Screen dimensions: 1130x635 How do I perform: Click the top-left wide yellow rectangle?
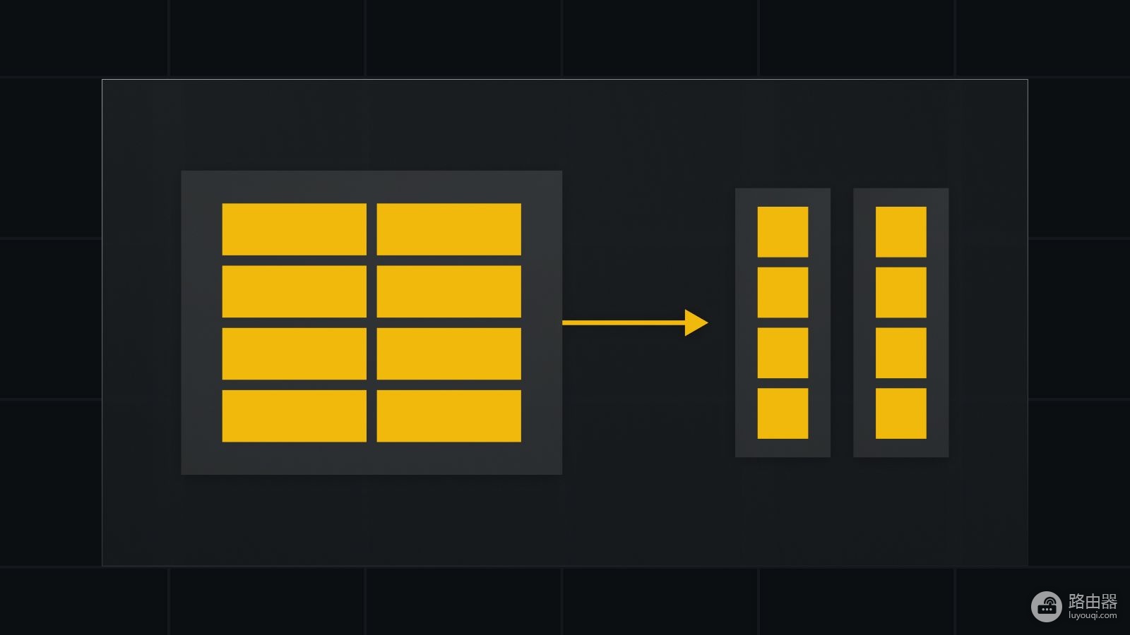(x=294, y=229)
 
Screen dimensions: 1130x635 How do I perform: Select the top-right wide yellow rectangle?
(x=449, y=229)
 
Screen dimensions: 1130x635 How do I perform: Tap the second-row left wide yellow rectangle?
(x=294, y=291)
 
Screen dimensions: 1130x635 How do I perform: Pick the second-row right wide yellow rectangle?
(x=449, y=291)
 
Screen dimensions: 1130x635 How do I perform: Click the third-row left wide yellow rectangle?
(x=294, y=353)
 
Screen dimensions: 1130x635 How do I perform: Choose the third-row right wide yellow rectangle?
(x=449, y=353)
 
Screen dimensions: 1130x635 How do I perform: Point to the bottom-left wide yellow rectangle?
(x=294, y=416)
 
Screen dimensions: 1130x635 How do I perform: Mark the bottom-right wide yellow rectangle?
(x=449, y=416)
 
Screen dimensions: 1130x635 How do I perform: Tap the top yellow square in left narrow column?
(x=783, y=232)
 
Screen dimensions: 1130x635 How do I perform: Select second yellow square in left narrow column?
(x=783, y=292)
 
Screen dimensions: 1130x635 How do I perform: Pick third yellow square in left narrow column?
(x=783, y=353)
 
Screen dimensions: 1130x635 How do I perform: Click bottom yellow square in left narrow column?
(x=783, y=413)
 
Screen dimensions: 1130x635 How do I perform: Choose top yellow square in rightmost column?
(x=901, y=232)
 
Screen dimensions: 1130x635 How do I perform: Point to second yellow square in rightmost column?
(x=901, y=292)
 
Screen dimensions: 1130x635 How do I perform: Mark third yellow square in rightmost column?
(x=901, y=353)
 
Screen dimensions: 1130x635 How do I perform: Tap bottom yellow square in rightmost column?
(x=901, y=413)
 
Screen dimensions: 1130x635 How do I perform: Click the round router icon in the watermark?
(x=1047, y=606)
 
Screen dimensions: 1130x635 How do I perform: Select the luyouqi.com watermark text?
(x=1093, y=615)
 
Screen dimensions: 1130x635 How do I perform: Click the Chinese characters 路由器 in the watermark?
(x=1093, y=601)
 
